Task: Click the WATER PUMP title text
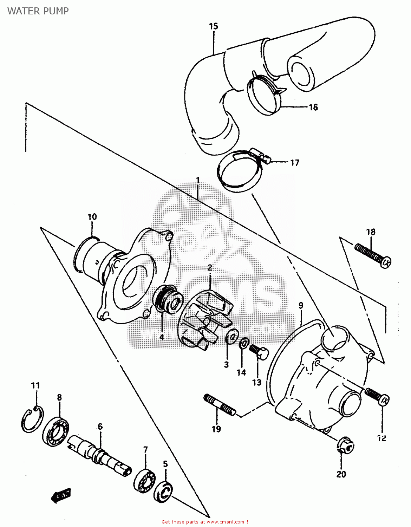(x=38, y=11)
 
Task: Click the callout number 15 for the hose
(x=214, y=26)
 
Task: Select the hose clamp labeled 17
(x=239, y=170)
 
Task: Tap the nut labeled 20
(x=345, y=445)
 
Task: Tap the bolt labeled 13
(x=259, y=351)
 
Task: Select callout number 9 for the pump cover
(x=301, y=305)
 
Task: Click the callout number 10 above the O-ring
(x=92, y=217)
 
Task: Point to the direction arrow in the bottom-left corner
(x=61, y=495)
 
